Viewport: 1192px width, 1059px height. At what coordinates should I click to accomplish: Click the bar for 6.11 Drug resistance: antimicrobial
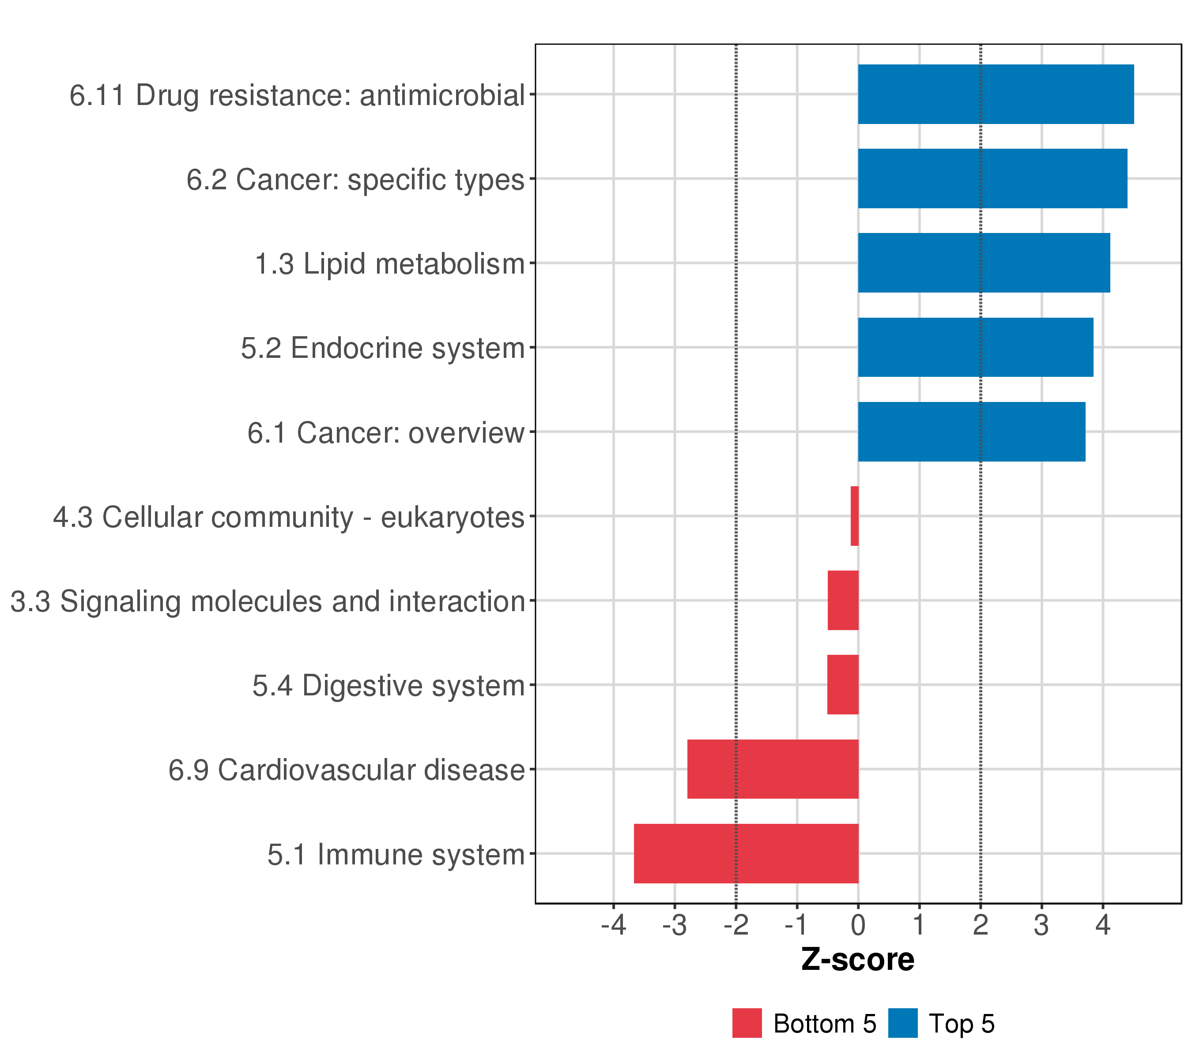[996, 94]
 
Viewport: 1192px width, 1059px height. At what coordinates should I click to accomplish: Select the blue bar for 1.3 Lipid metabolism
[984, 263]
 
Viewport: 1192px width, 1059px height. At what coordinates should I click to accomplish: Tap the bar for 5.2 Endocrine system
[975, 347]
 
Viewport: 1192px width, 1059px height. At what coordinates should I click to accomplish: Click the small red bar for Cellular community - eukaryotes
[854, 516]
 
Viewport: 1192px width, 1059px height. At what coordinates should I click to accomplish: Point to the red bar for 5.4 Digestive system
[843, 685]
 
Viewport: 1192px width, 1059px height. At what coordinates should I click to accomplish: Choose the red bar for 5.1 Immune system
[746, 853]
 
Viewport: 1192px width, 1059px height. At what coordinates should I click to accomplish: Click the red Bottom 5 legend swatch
[747, 1023]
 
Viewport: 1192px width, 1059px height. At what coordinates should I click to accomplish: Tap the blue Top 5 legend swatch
[903, 1023]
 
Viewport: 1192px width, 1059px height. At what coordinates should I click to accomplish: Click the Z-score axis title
[858, 960]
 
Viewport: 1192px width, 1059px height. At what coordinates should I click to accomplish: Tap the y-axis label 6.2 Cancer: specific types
[355, 180]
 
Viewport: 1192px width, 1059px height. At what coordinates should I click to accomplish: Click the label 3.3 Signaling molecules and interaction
[268, 601]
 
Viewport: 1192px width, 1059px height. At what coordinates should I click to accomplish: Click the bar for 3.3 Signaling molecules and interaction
[843, 600]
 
